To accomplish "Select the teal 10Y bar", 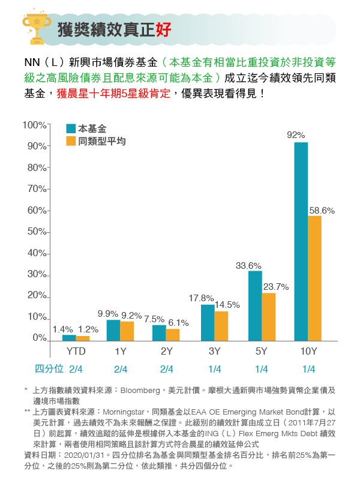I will click(301, 241).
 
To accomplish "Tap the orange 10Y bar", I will click(315, 278).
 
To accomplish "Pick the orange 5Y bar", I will click(268, 316).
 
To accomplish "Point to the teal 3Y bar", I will click(208, 322).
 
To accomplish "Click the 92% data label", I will click(296, 135).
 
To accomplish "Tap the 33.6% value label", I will click(248, 265).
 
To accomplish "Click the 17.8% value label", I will click(201, 298).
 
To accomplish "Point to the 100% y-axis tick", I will click(35, 125).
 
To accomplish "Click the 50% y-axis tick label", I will click(37, 232).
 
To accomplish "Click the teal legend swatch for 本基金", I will click(71, 129).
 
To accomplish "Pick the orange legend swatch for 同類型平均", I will click(71, 142).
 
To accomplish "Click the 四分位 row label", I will click(49, 368).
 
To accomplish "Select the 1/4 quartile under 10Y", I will click(308, 368).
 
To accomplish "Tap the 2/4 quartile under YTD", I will click(76, 368).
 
